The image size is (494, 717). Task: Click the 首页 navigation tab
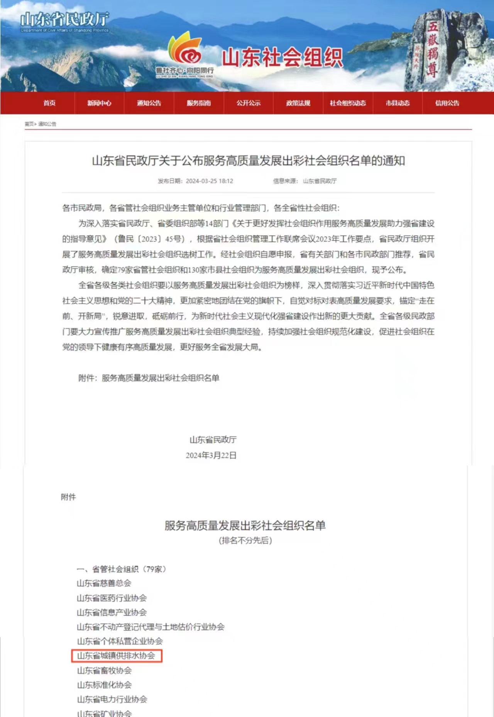[x=49, y=103]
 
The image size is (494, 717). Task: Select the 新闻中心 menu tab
[x=99, y=103]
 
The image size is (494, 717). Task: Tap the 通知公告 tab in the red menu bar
[x=149, y=103]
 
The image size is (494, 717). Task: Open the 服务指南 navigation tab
[x=199, y=103]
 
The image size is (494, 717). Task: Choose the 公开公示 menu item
[x=249, y=103]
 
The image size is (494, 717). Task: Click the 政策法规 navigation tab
[x=298, y=103]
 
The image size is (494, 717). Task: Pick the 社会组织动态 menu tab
[x=348, y=103]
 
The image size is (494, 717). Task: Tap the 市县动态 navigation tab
[x=398, y=103]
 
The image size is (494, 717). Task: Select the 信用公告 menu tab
[x=447, y=103]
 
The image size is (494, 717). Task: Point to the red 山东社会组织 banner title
[x=282, y=58]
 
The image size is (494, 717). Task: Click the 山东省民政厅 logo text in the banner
[x=65, y=19]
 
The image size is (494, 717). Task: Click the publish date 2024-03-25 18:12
[x=209, y=181]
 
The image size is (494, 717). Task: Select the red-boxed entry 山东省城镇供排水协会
[x=116, y=656]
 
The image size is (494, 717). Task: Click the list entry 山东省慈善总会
[x=104, y=583]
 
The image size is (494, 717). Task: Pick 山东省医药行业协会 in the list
[x=112, y=598]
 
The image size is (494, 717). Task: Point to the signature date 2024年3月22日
[x=211, y=455]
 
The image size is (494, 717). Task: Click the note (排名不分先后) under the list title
[x=245, y=540]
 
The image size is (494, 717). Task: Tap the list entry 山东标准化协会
[x=104, y=685]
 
